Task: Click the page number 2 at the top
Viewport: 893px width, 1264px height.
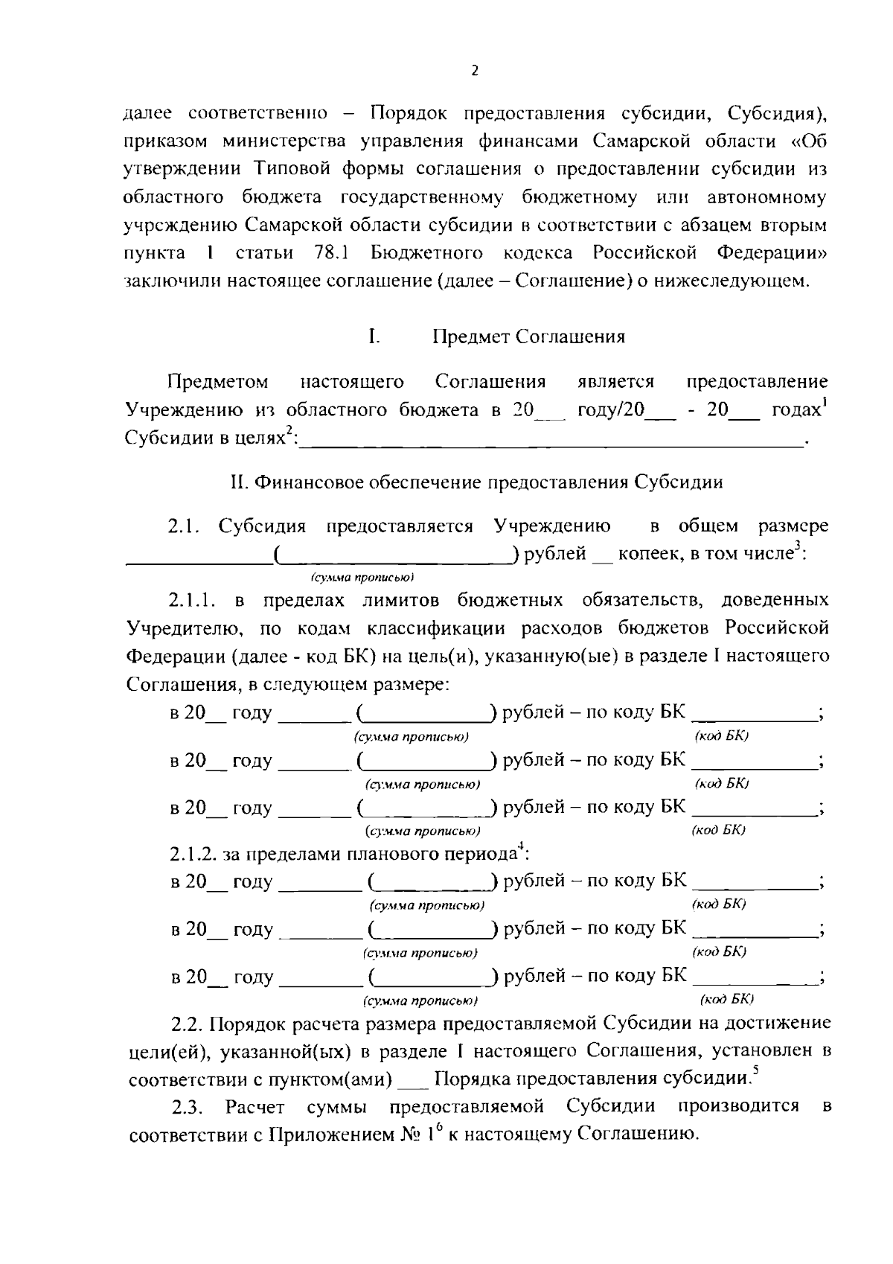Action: coord(476,71)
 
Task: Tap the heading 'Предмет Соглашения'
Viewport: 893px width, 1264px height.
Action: coord(529,337)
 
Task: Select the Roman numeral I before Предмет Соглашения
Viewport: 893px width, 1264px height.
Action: coord(373,337)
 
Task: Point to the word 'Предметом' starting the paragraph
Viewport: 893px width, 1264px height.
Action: coord(217,383)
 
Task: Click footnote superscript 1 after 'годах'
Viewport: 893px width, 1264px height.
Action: coord(825,403)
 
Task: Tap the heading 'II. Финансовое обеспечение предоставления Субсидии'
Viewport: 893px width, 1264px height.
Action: coord(476,482)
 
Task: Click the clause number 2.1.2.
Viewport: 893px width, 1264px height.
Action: coord(193,854)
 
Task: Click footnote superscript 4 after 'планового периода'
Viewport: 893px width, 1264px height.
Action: coord(521,846)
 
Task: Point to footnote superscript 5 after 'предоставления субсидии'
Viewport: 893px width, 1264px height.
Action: coord(755,1072)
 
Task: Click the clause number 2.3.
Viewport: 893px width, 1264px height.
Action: coord(186,1108)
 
